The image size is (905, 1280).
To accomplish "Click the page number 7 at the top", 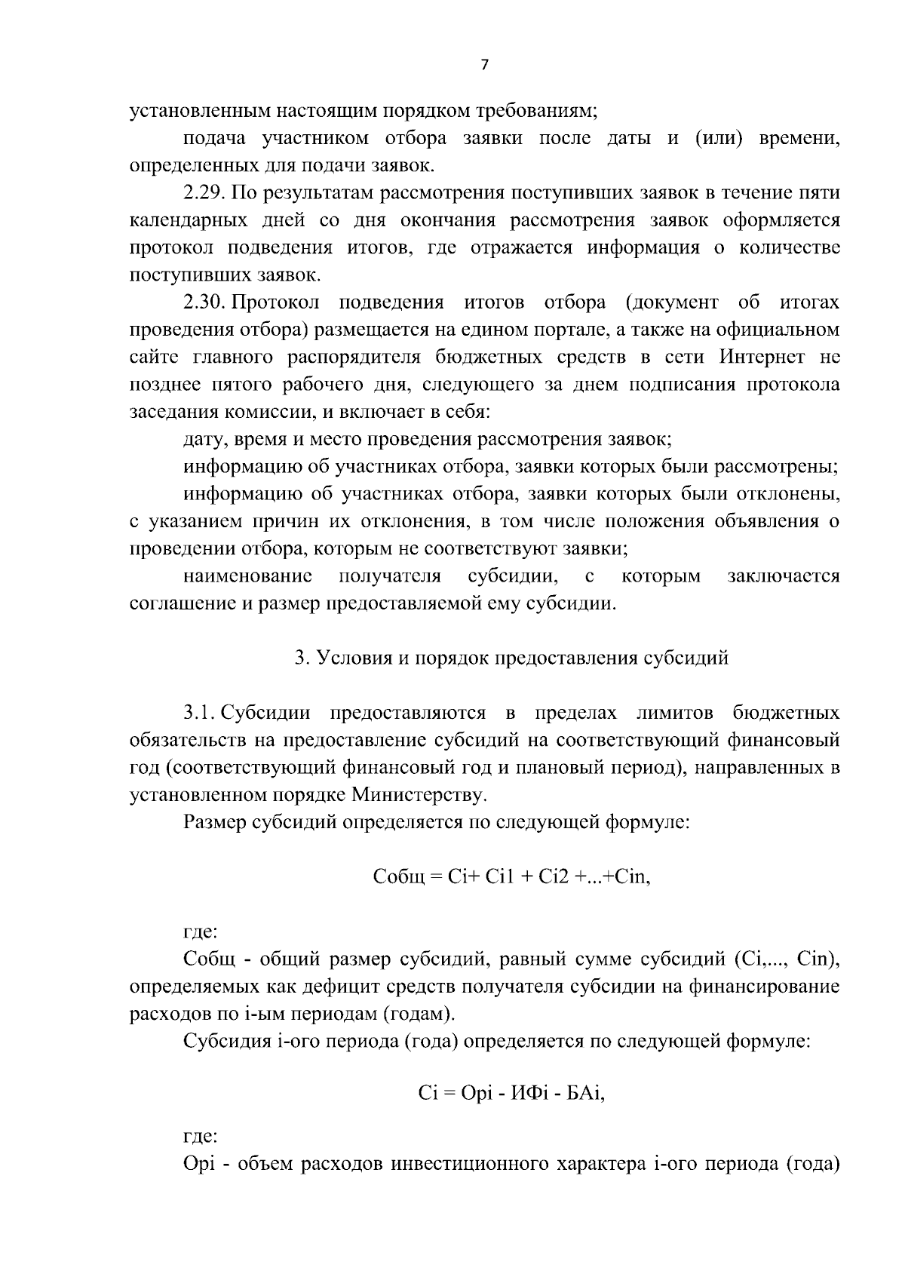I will click(484, 66).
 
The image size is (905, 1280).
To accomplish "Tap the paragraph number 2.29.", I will click(204, 193).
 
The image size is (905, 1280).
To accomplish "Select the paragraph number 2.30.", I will click(204, 303).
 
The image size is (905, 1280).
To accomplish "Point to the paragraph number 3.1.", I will click(200, 714).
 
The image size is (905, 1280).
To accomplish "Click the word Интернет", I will click(762, 358).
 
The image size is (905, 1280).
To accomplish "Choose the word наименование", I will click(248, 577).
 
